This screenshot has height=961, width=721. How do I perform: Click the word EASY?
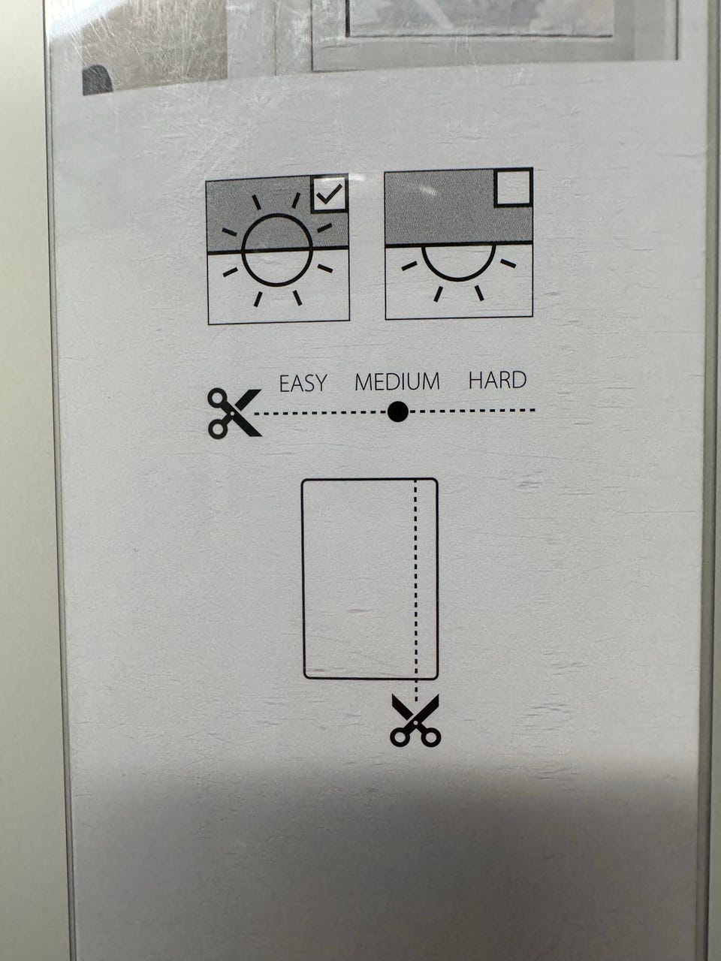click(303, 383)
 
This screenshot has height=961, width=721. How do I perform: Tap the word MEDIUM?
click(397, 381)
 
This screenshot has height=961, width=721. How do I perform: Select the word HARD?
click(497, 380)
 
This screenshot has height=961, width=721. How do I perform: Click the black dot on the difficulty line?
click(398, 411)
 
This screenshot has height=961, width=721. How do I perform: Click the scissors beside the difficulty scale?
click(234, 413)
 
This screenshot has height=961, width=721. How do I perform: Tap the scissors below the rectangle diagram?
click(415, 720)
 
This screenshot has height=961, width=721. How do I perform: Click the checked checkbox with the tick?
click(329, 194)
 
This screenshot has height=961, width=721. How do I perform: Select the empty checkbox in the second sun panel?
click(513, 188)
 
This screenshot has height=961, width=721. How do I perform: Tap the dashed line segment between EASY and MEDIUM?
click(321, 412)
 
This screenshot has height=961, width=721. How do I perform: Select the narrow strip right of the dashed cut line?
click(427, 579)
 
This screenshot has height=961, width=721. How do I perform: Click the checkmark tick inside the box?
click(329, 194)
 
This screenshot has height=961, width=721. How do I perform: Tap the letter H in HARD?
click(475, 380)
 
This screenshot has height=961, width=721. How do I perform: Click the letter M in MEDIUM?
click(363, 382)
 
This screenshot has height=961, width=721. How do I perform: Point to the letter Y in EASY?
click(321, 384)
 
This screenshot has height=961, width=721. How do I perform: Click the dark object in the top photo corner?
click(97, 80)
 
